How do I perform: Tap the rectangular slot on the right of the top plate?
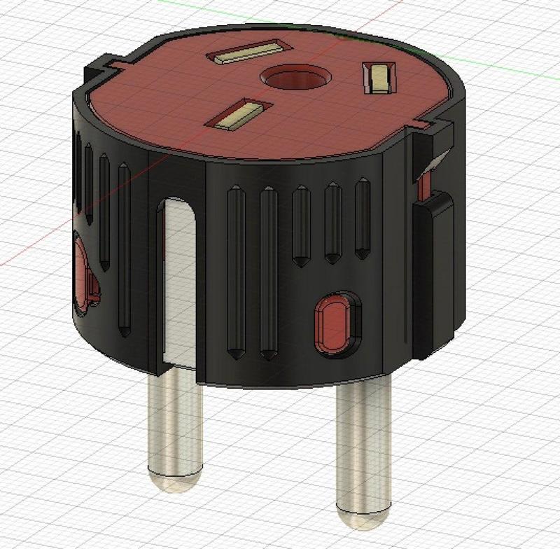(x=379, y=76)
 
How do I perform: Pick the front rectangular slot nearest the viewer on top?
(x=238, y=117)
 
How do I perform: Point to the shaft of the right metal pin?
(x=360, y=448)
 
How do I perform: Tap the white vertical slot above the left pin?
(x=178, y=280)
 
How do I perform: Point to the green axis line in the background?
(x=504, y=56)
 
